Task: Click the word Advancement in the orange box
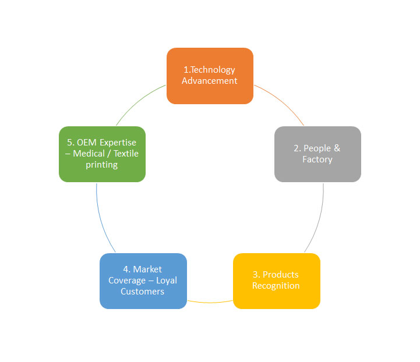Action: coord(210,81)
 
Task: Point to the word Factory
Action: coord(317,159)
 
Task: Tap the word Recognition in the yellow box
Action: coord(276,286)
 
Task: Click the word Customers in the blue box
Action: coord(143,291)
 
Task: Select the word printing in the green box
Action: coord(102,165)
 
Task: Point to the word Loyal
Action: coord(167,280)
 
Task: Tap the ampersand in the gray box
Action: coord(337,148)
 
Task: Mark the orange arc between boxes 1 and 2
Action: coord(283,103)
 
